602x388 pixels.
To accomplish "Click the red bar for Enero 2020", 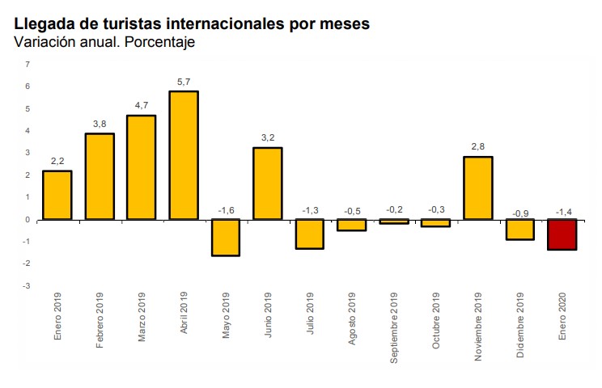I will tap(562, 234).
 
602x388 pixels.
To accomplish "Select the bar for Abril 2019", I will tap(184, 155).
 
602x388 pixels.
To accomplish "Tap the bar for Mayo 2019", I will tap(226, 238).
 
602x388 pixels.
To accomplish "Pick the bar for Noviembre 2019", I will tap(478, 188).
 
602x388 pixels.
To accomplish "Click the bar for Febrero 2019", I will tap(100, 176).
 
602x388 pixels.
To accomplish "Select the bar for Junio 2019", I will tap(268, 183).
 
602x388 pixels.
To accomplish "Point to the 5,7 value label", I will tap(184, 82).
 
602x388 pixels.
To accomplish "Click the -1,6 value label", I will tap(226, 211).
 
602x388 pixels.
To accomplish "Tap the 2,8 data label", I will tap(478, 147).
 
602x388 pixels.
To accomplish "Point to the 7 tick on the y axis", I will tap(28, 64).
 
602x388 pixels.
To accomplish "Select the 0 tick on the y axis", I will tap(28, 220).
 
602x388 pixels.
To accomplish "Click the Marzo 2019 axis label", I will tap(142, 317).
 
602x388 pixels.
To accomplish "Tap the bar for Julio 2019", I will tap(310, 234).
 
